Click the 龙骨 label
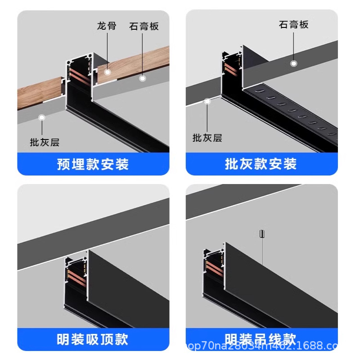point(107,26)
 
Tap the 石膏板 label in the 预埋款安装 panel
point(144,26)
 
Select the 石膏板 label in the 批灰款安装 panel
point(294,25)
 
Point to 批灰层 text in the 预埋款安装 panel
point(45,143)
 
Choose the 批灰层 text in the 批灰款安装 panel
point(207,138)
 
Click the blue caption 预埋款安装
point(93,164)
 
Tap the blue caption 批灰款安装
point(261,164)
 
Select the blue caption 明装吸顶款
point(93,339)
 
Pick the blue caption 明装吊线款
point(261,339)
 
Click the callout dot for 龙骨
point(108,71)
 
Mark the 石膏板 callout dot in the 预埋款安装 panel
point(143,78)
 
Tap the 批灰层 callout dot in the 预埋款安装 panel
point(42,118)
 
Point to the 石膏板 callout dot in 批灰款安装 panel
point(293,63)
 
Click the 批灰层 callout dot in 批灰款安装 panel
point(207,101)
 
